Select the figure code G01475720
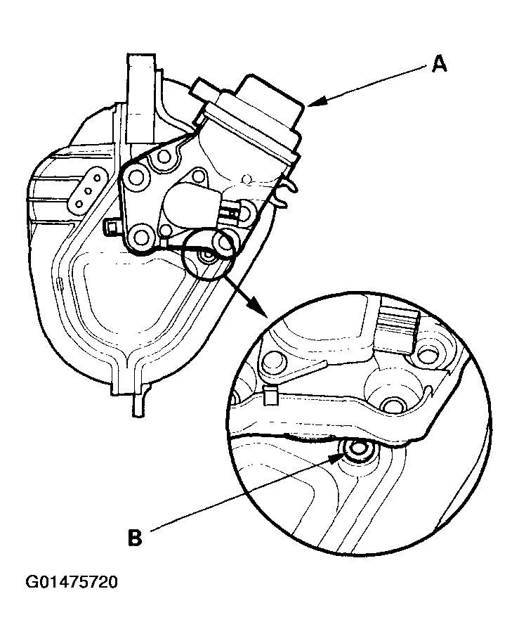72,583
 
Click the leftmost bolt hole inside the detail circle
272,361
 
